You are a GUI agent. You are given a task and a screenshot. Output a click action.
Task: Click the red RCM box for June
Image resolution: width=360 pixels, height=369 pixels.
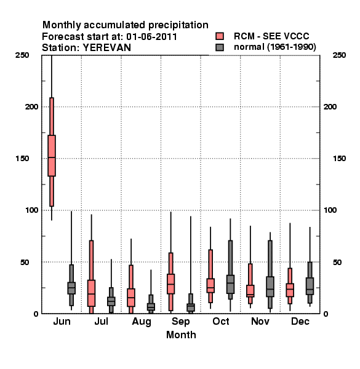(52, 156)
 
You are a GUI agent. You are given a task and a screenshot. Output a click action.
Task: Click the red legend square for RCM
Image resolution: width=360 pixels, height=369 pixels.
(220, 36)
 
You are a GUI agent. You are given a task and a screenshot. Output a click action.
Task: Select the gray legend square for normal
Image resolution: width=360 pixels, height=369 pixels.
(220, 47)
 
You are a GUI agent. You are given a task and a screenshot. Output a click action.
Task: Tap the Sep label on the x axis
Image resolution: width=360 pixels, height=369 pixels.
(180, 322)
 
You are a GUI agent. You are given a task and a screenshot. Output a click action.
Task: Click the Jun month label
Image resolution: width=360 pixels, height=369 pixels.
(62, 321)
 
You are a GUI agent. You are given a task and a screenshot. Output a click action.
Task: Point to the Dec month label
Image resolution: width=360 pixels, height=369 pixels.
(300, 321)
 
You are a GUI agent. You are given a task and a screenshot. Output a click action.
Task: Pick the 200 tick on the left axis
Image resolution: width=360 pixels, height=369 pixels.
(31, 107)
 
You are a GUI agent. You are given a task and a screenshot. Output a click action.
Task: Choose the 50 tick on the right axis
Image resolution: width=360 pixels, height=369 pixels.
(337, 262)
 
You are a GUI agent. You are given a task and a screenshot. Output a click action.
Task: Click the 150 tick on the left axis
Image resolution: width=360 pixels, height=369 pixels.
(22, 159)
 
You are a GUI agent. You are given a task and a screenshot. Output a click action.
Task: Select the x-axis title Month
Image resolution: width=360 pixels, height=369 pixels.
(181, 335)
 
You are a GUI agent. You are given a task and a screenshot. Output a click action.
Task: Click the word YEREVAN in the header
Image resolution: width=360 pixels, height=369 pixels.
(106, 48)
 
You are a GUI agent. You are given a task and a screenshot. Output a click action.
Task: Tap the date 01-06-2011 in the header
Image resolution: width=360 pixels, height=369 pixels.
(151, 37)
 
